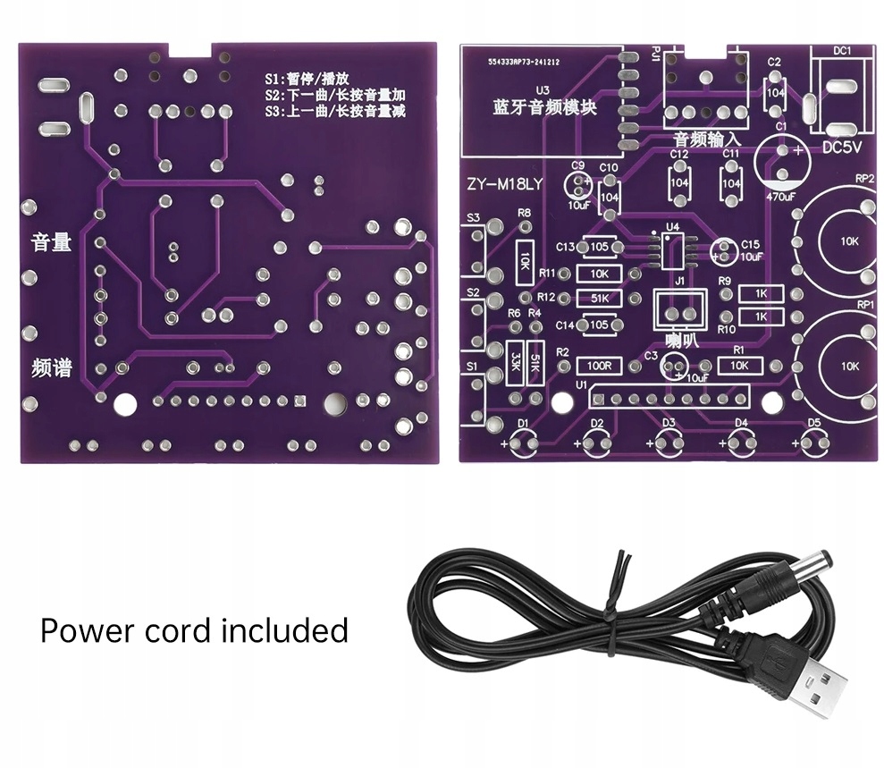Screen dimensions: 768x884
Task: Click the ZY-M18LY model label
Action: (504, 186)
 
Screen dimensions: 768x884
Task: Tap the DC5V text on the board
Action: (840, 144)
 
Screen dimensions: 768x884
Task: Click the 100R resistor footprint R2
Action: (600, 365)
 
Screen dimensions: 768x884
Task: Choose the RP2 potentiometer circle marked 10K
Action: (846, 241)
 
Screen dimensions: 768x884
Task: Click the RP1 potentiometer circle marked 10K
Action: (848, 366)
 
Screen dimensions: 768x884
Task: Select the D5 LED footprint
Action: (813, 440)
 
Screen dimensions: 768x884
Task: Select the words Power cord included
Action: (194, 630)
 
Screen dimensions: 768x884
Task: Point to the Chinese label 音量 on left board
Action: (51, 242)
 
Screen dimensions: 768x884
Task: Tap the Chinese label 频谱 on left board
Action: (51, 367)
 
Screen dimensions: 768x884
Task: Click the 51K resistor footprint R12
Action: (600, 298)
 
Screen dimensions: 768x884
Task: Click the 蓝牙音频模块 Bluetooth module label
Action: (544, 107)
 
